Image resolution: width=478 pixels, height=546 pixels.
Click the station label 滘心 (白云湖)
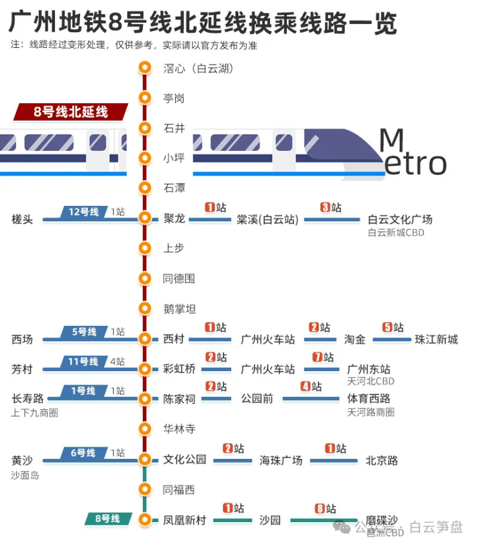(198, 68)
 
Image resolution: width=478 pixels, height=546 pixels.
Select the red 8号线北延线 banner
(71, 112)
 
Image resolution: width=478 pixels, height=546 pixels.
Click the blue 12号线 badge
(84, 212)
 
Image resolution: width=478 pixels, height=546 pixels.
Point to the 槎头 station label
(22, 219)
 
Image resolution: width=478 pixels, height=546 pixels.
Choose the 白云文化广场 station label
(399, 219)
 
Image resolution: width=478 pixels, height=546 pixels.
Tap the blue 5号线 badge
(84, 332)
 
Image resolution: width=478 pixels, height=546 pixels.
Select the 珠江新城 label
(436, 339)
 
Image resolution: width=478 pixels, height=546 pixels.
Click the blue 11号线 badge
(83, 361)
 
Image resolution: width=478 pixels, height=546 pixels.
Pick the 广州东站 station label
(368, 369)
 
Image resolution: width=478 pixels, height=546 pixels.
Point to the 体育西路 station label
(368, 399)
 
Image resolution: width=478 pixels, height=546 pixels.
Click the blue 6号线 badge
(83, 453)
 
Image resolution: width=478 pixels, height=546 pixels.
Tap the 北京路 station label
(382, 460)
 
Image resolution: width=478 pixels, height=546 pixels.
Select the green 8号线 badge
(108, 518)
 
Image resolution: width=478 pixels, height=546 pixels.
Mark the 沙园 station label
(270, 520)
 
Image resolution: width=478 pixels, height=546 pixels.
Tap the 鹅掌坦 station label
(179, 309)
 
